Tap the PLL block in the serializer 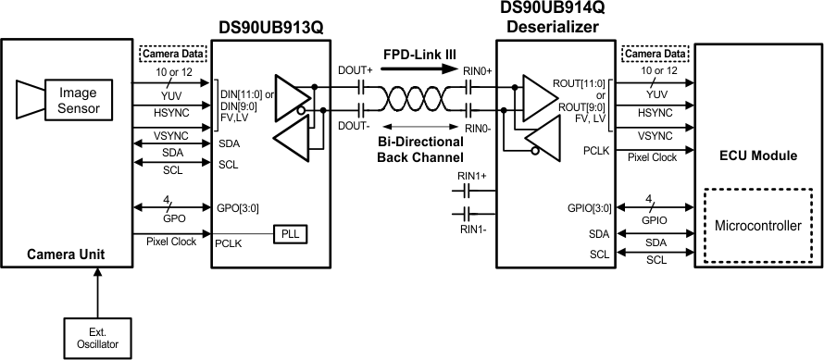[290, 233]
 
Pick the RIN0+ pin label [477, 70]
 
